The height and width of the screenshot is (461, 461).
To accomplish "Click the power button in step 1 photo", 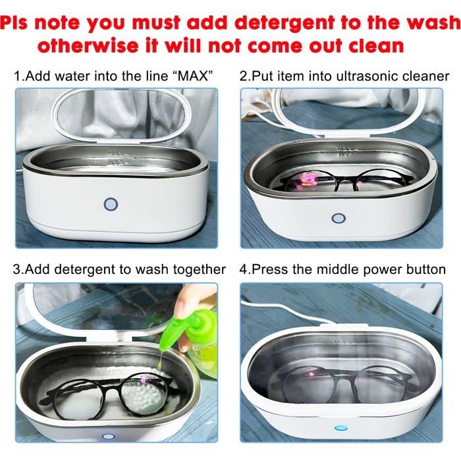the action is click(x=111, y=204).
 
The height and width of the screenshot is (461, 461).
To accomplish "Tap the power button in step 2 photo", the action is click(x=339, y=219).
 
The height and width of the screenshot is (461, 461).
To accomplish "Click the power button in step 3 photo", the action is click(x=108, y=436).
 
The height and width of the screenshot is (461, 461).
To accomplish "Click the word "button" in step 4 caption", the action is click(x=426, y=269).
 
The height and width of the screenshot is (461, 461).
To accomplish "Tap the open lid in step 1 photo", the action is click(x=121, y=115).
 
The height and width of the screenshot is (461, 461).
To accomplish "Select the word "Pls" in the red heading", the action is click(x=14, y=22).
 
